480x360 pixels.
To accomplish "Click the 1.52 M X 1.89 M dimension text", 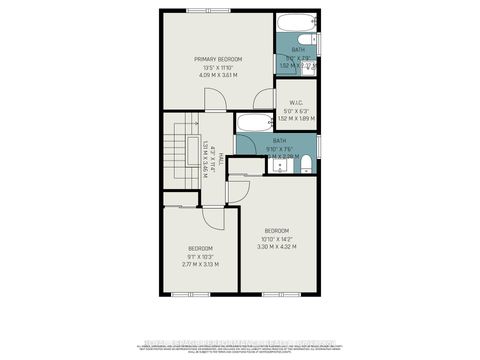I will click(296, 118).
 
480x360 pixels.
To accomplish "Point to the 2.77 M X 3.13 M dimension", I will click(200, 264).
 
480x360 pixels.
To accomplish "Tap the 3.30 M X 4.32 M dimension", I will click(277, 246).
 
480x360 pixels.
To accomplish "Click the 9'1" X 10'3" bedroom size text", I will click(200, 256).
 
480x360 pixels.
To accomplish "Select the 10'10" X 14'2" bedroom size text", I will click(277, 238).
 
